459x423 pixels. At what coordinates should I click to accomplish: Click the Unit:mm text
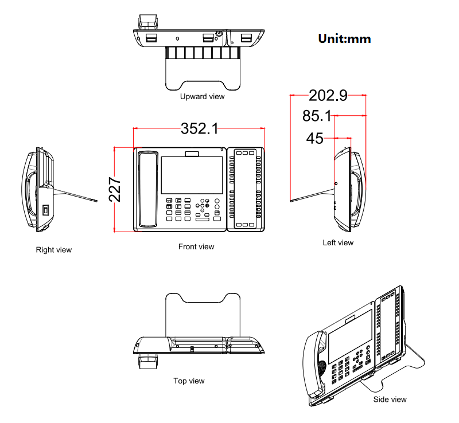click(344, 39)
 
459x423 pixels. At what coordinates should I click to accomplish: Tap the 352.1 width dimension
click(199, 129)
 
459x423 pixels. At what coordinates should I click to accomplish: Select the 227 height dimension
click(115, 190)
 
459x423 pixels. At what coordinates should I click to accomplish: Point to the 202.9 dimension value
click(328, 95)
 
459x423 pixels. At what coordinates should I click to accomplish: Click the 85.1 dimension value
click(317, 116)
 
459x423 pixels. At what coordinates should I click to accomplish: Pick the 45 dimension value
click(314, 138)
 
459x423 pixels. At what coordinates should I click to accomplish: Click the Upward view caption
click(202, 97)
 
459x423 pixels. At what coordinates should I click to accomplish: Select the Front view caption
click(196, 247)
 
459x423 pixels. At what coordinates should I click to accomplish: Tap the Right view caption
click(54, 250)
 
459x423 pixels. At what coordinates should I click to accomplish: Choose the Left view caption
click(338, 243)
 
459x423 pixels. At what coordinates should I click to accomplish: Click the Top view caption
click(189, 381)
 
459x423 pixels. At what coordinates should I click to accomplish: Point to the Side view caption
click(390, 399)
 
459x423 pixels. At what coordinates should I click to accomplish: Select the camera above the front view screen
click(192, 153)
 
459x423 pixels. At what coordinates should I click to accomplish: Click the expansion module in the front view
click(246, 189)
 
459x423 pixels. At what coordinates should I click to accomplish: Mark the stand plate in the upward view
click(202, 75)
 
